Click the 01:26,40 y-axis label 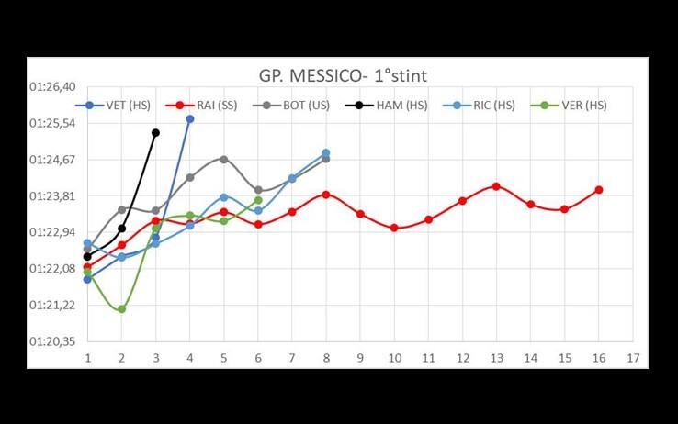[52, 87]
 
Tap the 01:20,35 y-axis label [52, 341]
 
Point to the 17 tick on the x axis [631, 357]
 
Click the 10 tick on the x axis [394, 357]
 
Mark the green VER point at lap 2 [121, 309]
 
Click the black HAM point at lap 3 [155, 133]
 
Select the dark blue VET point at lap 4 [190, 119]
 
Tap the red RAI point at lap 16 [599, 190]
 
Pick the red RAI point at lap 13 [496, 186]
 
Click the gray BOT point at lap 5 [224, 159]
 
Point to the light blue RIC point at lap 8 [326, 153]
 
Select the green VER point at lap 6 [258, 200]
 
